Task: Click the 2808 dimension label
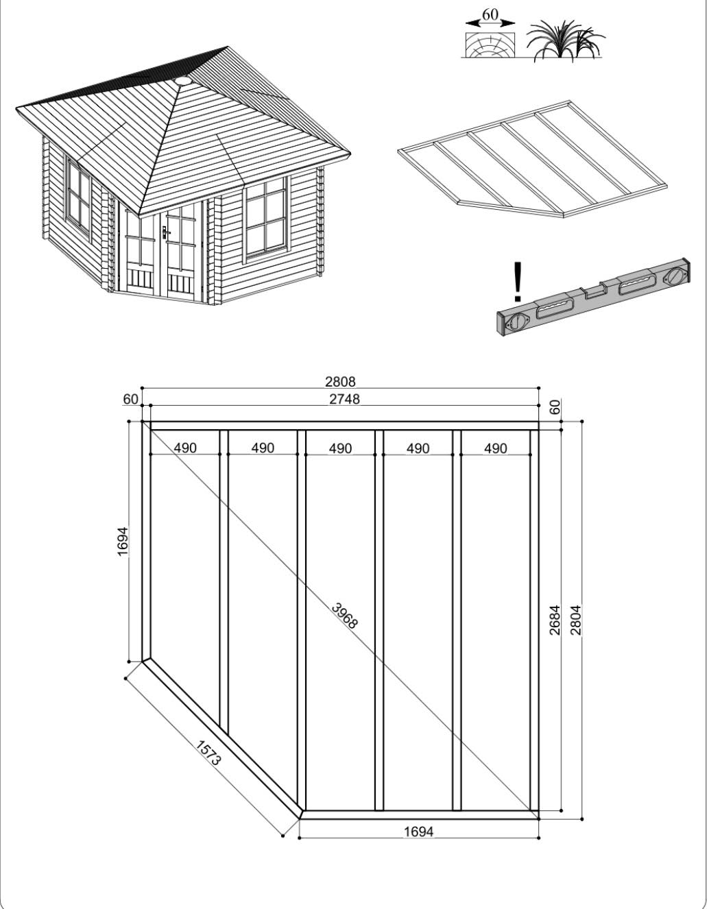[x=340, y=382]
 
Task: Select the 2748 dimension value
[x=344, y=399]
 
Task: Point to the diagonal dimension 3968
[x=345, y=616]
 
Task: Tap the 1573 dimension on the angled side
[x=208, y=753]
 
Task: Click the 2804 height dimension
[x=576, y=620]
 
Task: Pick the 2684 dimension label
[x=554, y=620]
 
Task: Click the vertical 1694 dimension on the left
[x=122, y=542]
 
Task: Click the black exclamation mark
[x=518, y=281]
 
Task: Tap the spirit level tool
[x=594, y=298]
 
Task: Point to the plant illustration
[x=566, y=41]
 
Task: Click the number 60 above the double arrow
[x=490, y=14]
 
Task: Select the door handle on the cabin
[x=166, y=231]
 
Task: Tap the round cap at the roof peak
[x=182, y=80]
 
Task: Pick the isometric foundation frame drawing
[x=532, y=159]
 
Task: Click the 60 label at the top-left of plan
[x=130, y=400]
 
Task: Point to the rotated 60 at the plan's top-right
[x=554, y=407]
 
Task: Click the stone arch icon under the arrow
[x=490, y=45]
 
